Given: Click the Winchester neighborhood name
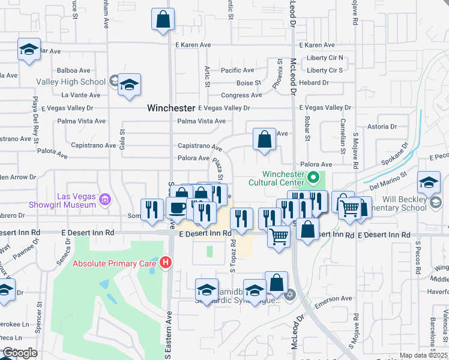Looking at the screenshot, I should click(171, 109).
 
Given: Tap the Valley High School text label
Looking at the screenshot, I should click(71, 82).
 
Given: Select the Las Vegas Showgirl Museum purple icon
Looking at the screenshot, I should click(105, 199).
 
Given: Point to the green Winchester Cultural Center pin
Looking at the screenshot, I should click(312, 178).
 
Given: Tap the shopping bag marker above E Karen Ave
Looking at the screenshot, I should click(163, 20).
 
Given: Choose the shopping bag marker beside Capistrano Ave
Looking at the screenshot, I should click(264, 140).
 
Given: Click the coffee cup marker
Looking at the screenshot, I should click(176, 208).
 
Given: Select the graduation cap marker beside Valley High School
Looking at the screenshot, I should click(129, 85).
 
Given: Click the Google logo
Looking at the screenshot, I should click(19, 353).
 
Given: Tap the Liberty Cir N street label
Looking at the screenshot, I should click(325, 58).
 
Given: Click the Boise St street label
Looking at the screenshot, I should click(249, 83).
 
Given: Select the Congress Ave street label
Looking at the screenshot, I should click(241, 95).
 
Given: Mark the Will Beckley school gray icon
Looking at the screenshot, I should click(435, 203).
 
